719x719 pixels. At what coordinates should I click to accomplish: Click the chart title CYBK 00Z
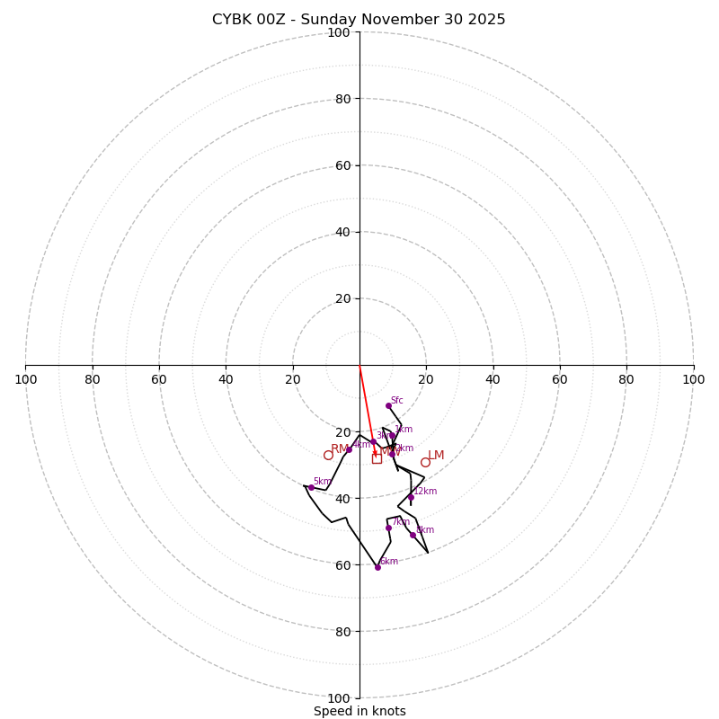[359, 20]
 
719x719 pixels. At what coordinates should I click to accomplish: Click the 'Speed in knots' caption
[359, 711]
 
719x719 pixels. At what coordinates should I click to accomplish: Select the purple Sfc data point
[388, 405]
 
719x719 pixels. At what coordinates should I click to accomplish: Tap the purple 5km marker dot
[311, 487]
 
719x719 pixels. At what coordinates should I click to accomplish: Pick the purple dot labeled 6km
[377, 567]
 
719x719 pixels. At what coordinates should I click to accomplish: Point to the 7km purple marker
[388, 528]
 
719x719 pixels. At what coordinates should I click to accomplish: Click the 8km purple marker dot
[413, 535]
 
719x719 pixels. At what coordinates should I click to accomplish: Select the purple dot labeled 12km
[411, 497]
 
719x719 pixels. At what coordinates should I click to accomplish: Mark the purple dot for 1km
[392, 435]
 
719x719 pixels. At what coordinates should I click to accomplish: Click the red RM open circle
[328, 455]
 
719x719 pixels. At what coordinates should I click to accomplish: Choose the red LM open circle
[425, 462]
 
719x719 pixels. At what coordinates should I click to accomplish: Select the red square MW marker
[377, 458]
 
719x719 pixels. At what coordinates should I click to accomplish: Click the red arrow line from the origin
[367, 404]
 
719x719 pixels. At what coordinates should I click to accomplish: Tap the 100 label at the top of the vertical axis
[338, 32]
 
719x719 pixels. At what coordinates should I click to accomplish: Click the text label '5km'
[322, 482]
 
